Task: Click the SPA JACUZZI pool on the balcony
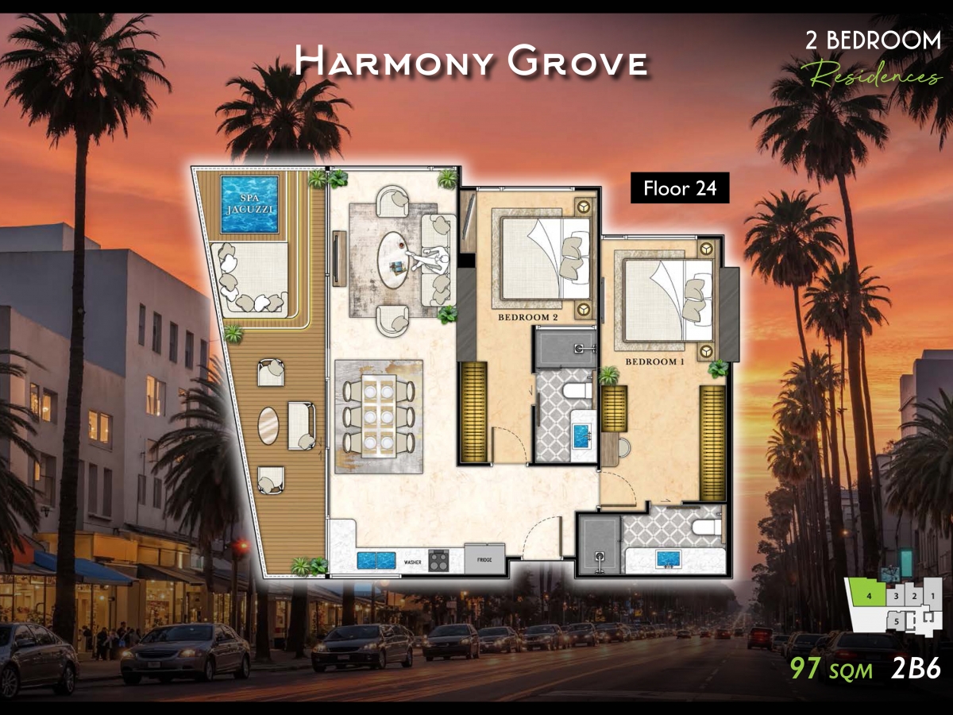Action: [x=249, y=204]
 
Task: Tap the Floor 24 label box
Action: [x=680, y=189]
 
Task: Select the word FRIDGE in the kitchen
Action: [x=484, y=560]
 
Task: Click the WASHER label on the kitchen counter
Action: [x=413, y=562]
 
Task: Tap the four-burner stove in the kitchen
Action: [x=438, y=561]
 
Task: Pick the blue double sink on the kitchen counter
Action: [x=376, y=560]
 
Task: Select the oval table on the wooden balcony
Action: [x=268, y=425]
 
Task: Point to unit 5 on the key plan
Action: [x=897, y=620]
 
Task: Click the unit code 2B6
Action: [x=916, y=668]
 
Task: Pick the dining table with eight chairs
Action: [x=379, y=415]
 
